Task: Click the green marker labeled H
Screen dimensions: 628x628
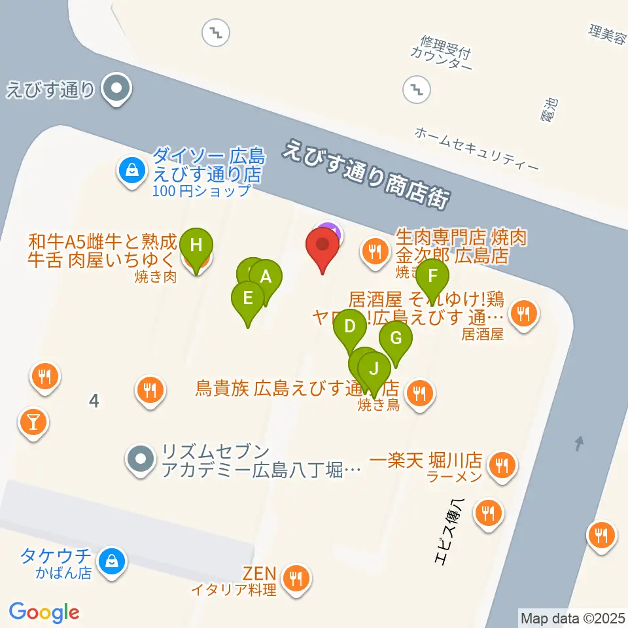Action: [x=196, y=246]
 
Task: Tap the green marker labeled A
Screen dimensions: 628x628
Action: [x=266, y=277]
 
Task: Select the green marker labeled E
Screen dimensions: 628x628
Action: [x=248, y=298]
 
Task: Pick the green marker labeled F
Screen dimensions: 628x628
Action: [x=432, y=276]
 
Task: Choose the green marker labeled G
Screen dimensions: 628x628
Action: [x=395, y=339]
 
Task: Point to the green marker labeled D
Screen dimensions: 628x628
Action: [x=350, y=326]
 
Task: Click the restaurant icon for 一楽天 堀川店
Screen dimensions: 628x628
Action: [x=502, y=465]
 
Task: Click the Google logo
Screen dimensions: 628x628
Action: [x=44, y=612]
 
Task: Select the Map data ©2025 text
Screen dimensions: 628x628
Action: [x=572, y=618]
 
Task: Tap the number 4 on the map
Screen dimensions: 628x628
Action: [x=94, y=401]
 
